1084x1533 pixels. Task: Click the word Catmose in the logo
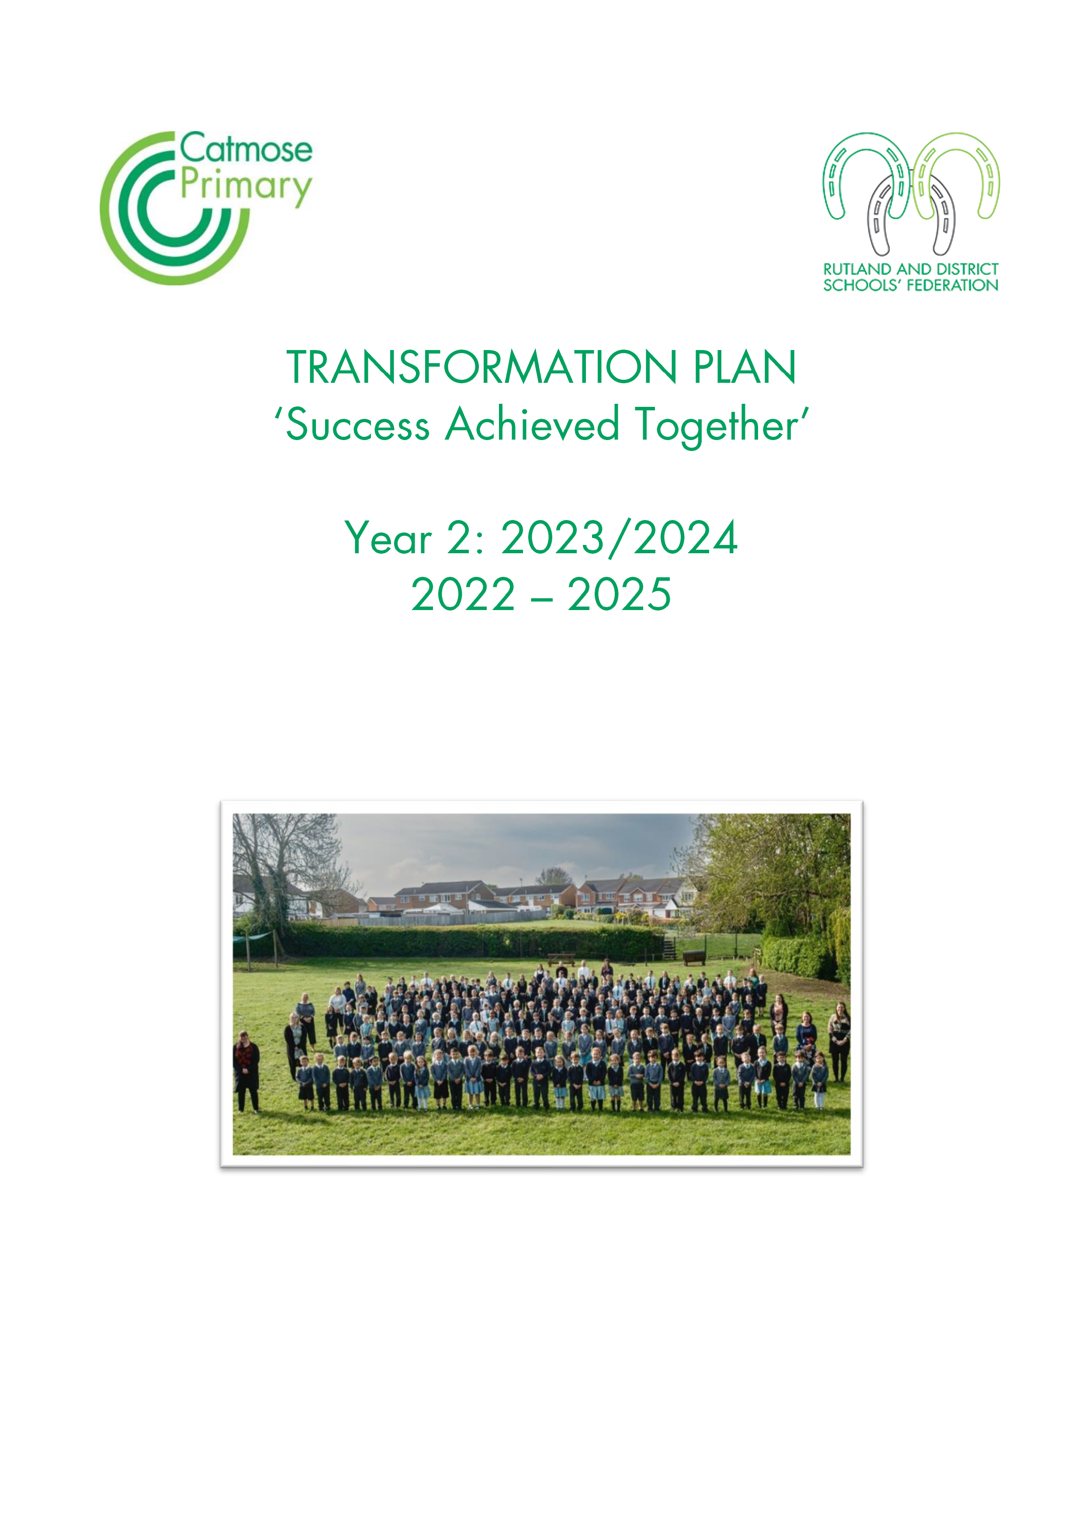coord(246,148)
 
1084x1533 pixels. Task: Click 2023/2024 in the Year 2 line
coord(620,538)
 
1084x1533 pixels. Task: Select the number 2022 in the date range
coord(463,595)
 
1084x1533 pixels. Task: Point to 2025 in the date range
coord(620,595)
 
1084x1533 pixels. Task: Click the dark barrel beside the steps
coord(694,957)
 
